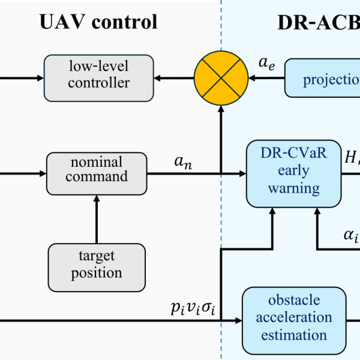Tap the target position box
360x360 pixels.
[97, 265]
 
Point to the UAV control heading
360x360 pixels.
[99, 22]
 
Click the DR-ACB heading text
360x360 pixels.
[318, 22]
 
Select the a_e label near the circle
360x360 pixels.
[266, 62]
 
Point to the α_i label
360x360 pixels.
[351, 235]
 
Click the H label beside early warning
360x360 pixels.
[351, 157]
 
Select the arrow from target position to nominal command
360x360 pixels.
[97, 213]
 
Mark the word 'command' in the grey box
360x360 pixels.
[97, 176]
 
